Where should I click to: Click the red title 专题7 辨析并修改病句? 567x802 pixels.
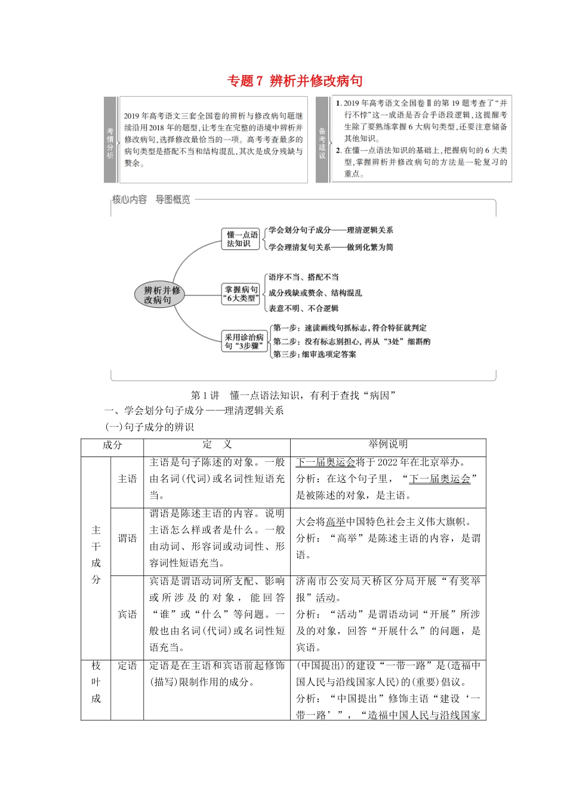click(x=295, y=81)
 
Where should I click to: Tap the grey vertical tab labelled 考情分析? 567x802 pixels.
click(x=110, y=140)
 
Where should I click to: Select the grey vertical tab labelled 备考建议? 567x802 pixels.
click(x=322, y=140)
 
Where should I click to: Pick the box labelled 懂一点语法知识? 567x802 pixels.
click(x=242, y=239)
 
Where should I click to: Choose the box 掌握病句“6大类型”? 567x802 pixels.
click(x=241, y=294)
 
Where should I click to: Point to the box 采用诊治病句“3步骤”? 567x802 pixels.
click(x=244, y=341)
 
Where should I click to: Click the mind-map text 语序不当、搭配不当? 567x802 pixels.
click(x=303, y=277)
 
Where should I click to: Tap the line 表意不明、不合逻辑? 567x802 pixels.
click(x=303, y=309)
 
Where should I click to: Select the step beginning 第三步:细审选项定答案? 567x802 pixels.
click(x=315, y=354)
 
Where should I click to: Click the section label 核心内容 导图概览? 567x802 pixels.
click(x=151, y=200)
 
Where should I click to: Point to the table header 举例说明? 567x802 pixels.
click(x=388, y=445)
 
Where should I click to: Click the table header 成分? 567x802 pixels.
click(x=112, y=445)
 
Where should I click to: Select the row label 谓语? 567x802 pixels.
click(x=127, y=538)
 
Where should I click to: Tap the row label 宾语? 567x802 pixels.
click(x=127, y=614)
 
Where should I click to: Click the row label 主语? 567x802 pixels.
click(x=127, y=479)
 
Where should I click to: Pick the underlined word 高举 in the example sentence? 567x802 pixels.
click(x=336, y=522)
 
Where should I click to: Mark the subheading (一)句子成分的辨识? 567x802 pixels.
click(x=149, y=427)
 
